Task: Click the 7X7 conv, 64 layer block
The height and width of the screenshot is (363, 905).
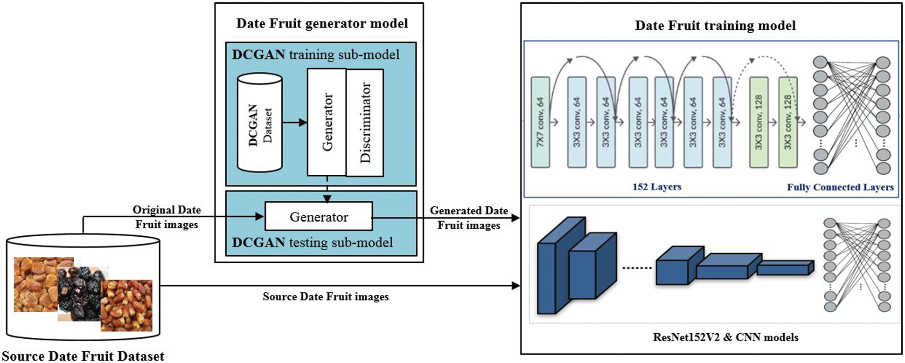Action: (x=540, y=122)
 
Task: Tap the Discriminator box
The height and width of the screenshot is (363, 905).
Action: (x=365, y=123)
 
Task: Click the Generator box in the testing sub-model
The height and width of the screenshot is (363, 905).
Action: (x=319, y=217)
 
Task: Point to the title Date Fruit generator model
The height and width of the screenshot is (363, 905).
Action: (x=322, y=23)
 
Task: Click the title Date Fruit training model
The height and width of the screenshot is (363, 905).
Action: (x=715, y=25)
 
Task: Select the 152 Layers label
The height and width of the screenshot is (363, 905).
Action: (x=657, y=187)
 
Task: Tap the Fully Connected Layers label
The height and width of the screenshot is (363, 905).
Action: (x=840, y=187)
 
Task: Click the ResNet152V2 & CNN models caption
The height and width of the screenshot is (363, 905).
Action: (x=725, y=337)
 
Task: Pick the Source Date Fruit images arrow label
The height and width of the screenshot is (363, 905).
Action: (x=326, y=297)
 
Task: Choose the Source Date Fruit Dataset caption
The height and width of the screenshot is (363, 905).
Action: (x=83, y=356)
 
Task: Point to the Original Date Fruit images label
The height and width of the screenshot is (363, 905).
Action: (x=167, y=217)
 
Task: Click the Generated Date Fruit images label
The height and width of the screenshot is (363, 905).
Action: (x=469, y=218)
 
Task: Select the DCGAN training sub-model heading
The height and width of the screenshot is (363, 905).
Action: (x=316, y=55)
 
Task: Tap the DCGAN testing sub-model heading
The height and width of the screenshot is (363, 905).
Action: (x=313, y=242)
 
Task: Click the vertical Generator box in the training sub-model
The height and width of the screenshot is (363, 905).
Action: (x=327, y=123)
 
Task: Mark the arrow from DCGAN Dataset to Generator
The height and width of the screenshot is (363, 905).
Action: (x=294, y=123)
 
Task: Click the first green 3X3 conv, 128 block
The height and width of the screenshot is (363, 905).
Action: (x=759, y=122)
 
